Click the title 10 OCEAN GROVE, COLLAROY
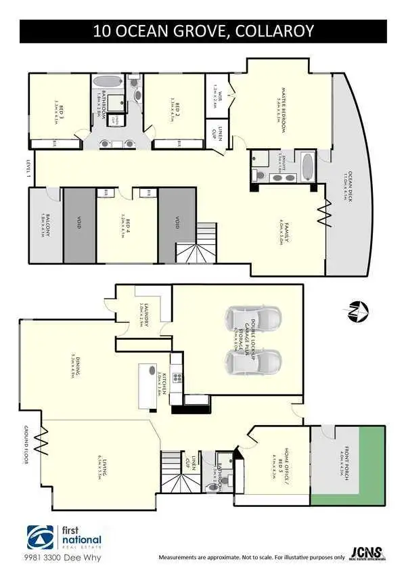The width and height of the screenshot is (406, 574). pyautogui.click(x=203, y=32)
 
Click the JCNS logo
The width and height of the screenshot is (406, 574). pyautogui.click(x=368, y=553)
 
